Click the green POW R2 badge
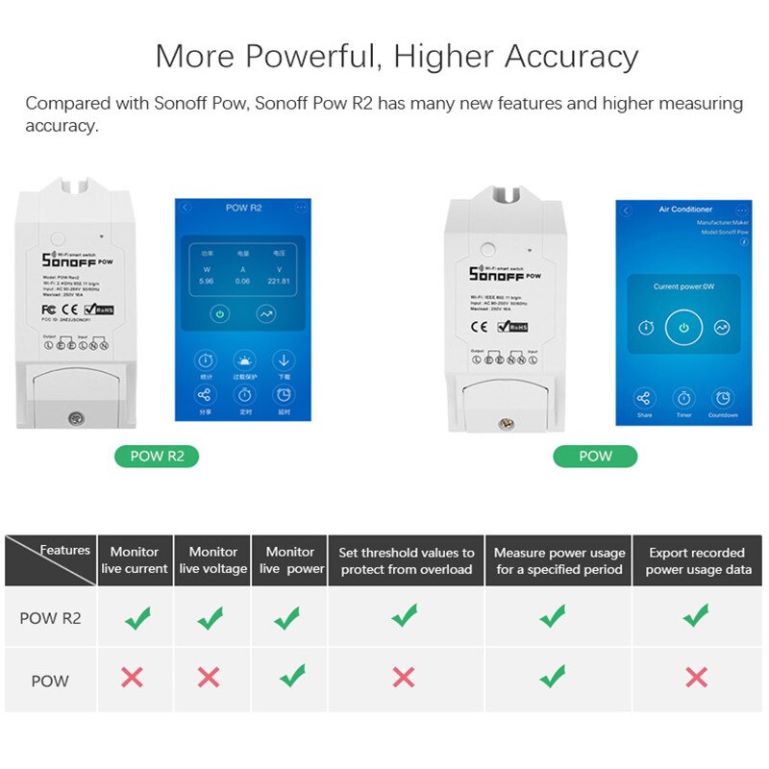coord(157,456)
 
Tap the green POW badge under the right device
coord(595,456)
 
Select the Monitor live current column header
coord(135,560)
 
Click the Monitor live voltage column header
coord(212,560)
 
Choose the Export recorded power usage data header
coord(697,560)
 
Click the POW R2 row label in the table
coord(50,618)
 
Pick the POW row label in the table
coord(50,681)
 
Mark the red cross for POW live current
coord(133,677)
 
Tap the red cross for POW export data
coord(696,677)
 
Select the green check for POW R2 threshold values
coord(405,615)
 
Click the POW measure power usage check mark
coord(553,676)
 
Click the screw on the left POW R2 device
coord(73,418)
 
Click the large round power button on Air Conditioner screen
coord(683,327)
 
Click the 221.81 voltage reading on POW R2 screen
coord(280,281)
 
